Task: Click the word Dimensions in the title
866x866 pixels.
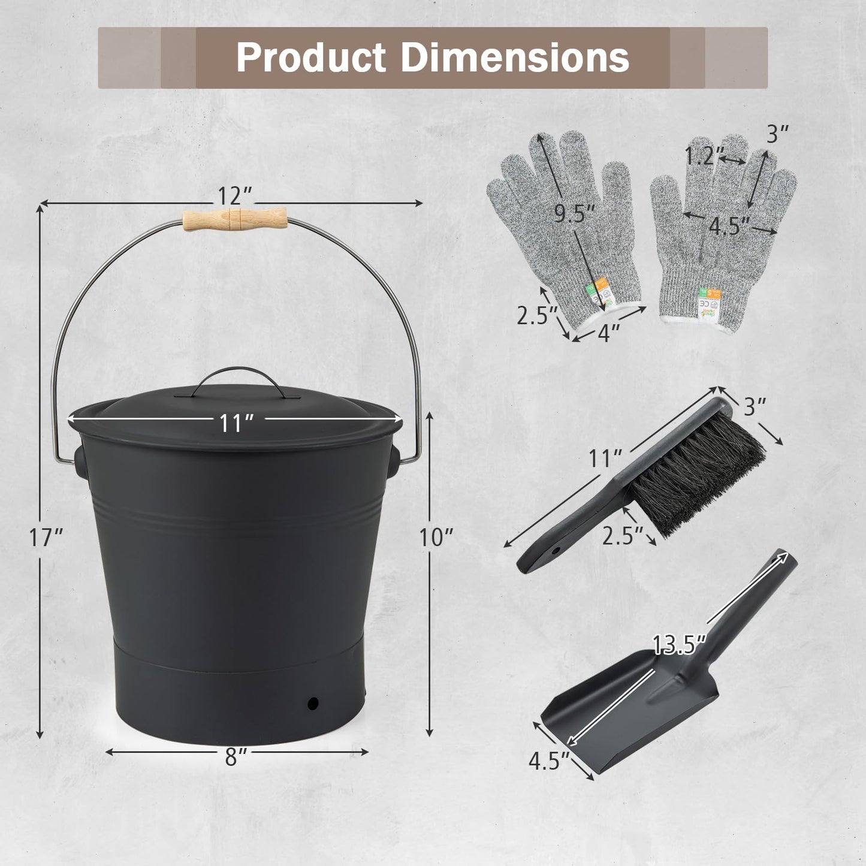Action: tap(515, 58)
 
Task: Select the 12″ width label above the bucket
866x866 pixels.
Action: tap(234, 195)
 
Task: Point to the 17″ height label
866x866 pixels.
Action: tap(46, 538)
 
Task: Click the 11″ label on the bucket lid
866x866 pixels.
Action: tap(234, 423)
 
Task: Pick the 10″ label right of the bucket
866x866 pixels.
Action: tap(436, 538)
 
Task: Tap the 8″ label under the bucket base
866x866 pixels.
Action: tap(236, 758)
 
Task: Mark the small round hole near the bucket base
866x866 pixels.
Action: tap(312, 702)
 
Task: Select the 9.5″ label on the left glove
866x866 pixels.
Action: tap(574, 213)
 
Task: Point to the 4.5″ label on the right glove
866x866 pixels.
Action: tap(729, 226)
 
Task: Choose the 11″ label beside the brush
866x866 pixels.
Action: tap(604, 458)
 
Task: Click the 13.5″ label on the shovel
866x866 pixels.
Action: tap(679, 645)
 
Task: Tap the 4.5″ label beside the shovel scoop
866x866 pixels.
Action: tap(548, 761)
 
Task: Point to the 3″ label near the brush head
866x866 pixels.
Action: tap(755, 406)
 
